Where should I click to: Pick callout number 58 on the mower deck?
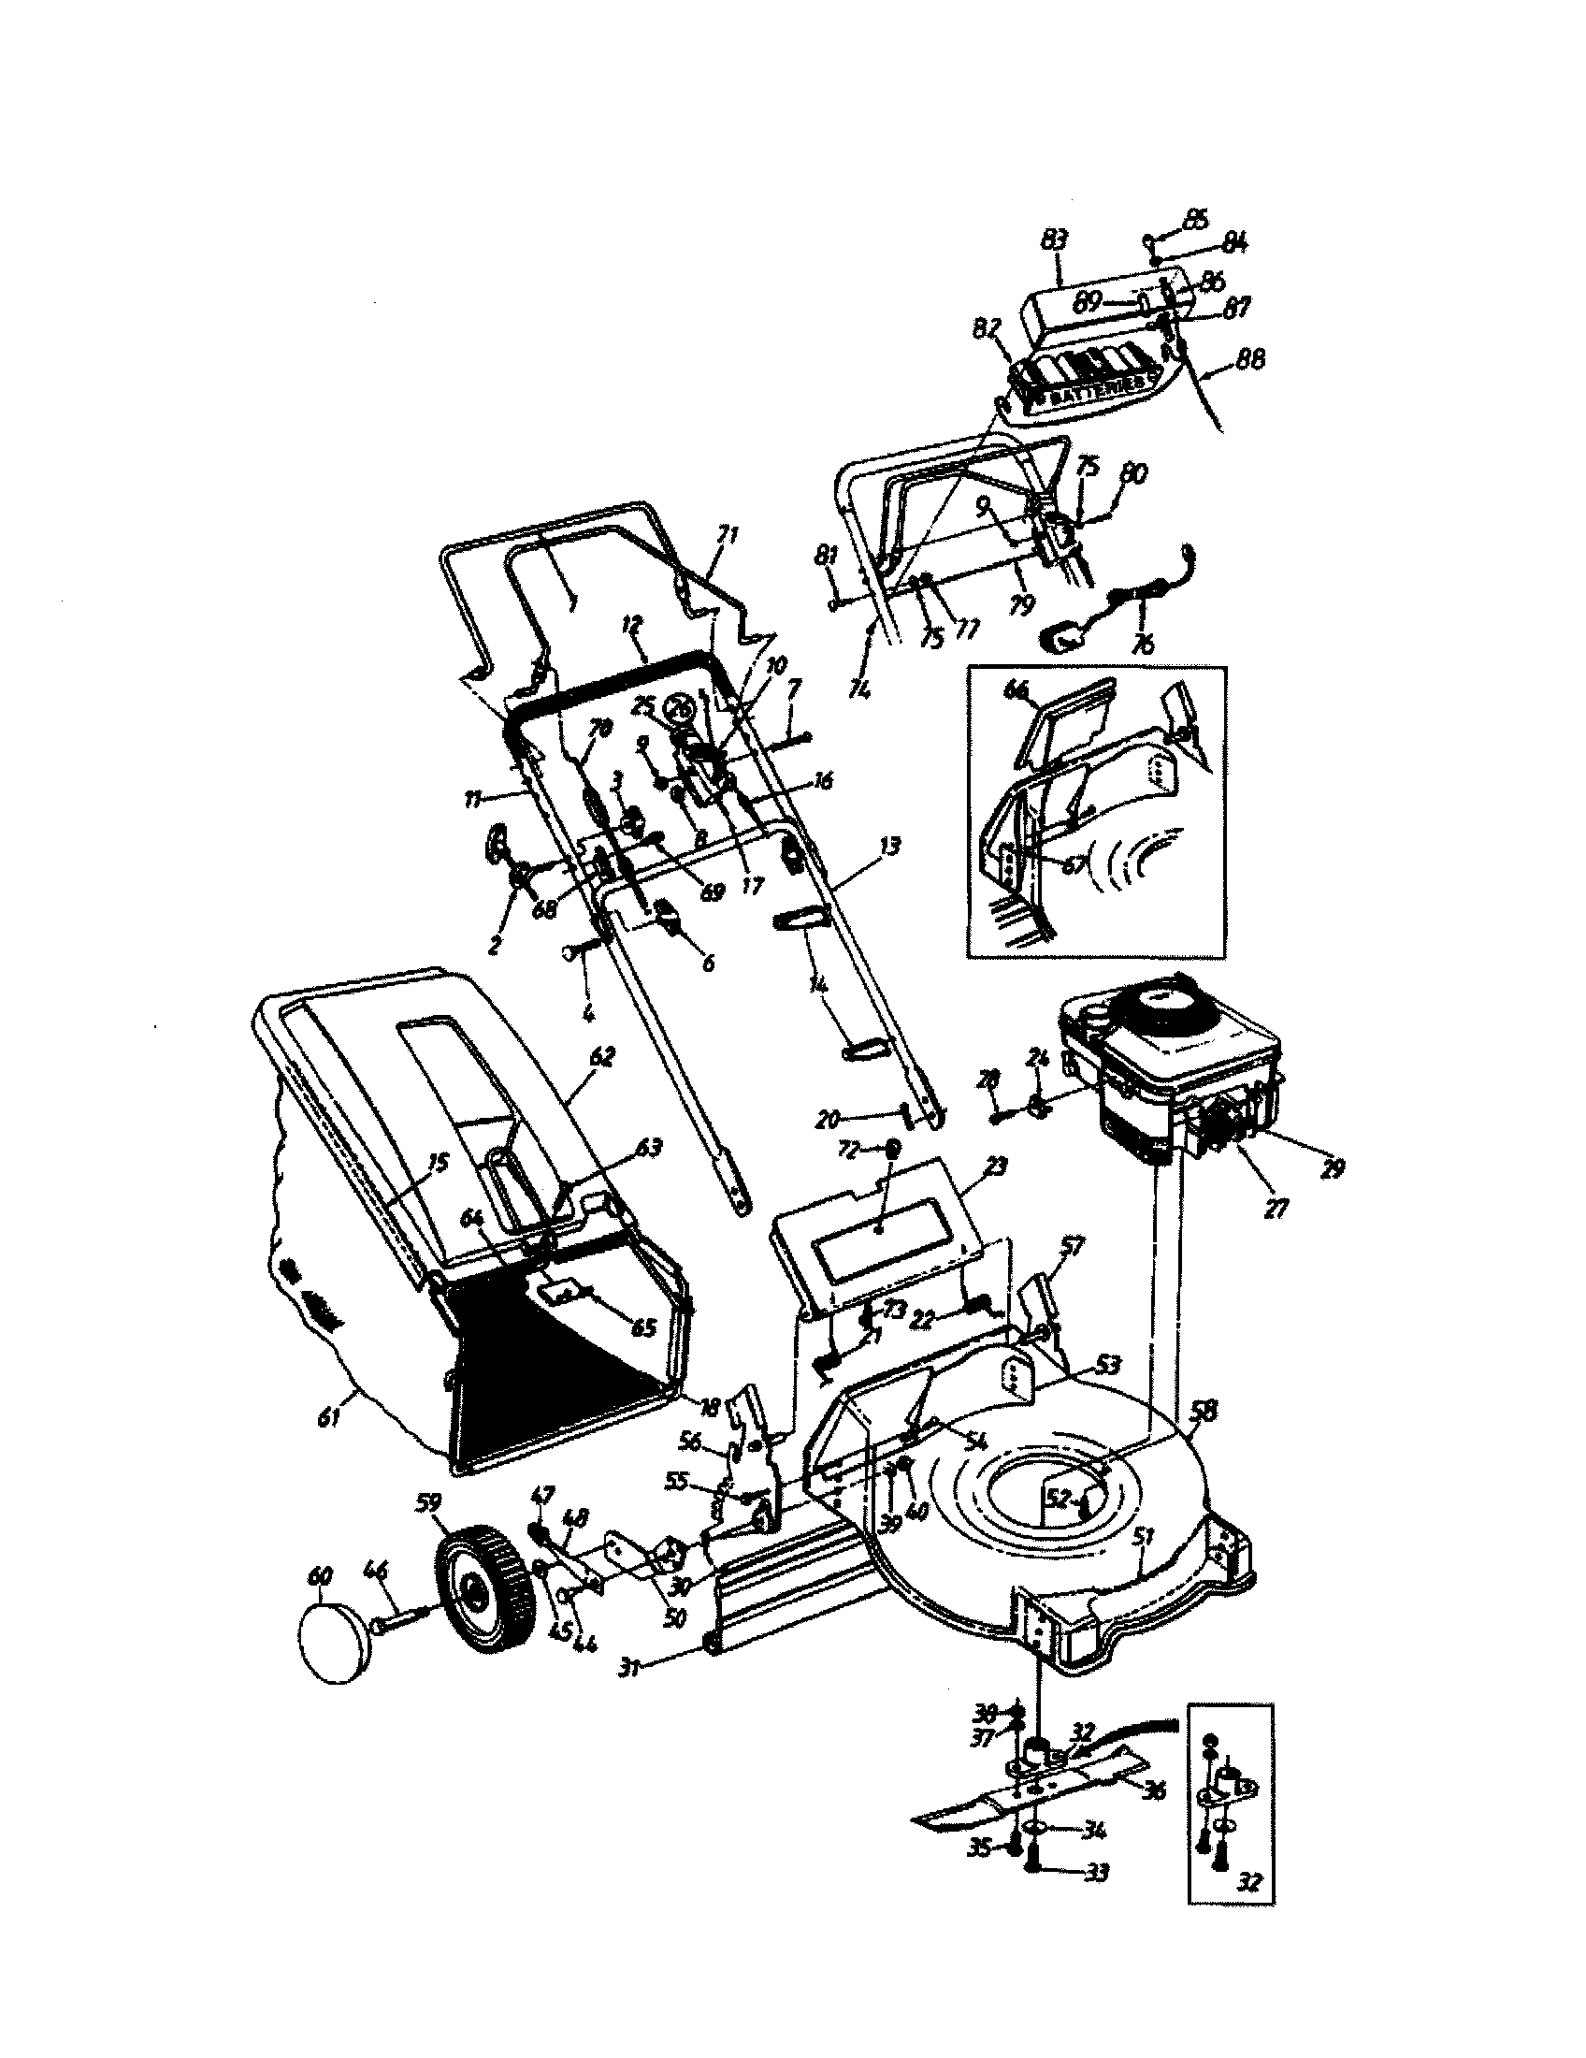[1203, 1437]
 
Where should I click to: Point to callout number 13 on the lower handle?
[888, 848]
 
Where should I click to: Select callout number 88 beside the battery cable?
[1249, 359]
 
